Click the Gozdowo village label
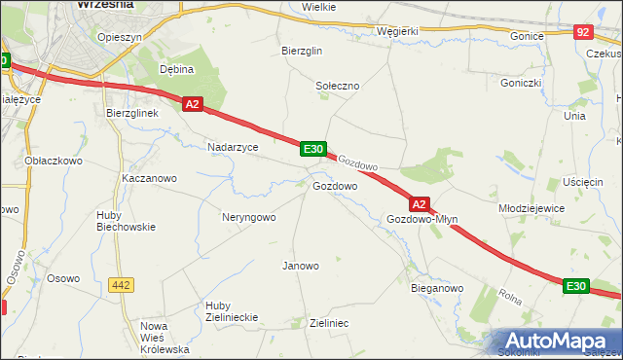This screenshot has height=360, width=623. pyautogui.click(x=334, y=185)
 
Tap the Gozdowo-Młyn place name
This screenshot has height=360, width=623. pyautogui.click(x=421, y=220)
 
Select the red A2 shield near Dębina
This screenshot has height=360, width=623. pyautogui.click(x=192, y=104)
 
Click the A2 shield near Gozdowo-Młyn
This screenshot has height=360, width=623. pyautogui.click(x=419, y=204)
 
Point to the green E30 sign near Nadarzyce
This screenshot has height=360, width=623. pyautogui.click(x=311, y=148)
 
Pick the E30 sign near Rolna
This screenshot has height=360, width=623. pyautogui.click(x=575, y=286)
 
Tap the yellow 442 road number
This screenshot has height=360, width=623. pyautogui.click(x=121, y=285)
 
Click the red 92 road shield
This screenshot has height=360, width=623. pyautogui.click(x=583, y=32)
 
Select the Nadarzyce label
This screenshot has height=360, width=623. pyautogui.click(x=233, y=147)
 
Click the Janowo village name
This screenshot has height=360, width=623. pyautogui.click(x=300, y=266)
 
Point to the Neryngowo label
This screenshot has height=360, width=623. pyautogui.click(x=248, y=217)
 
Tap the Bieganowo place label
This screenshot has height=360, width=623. pyautogui.click(x=437, y=289)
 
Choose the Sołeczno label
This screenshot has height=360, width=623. pyautogui.click(x=338, y=86)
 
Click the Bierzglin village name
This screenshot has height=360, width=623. pyautogui.click(x=301, y=51)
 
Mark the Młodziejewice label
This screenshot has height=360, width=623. pyautogui.click(x=531, y=208)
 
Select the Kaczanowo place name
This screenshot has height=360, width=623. pyautogui.click(x=149, y=179)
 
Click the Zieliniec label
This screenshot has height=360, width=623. pyautogui.click(x=328, y=322)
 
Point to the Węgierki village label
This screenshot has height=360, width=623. pyautogui.click(x=397, y=30)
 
